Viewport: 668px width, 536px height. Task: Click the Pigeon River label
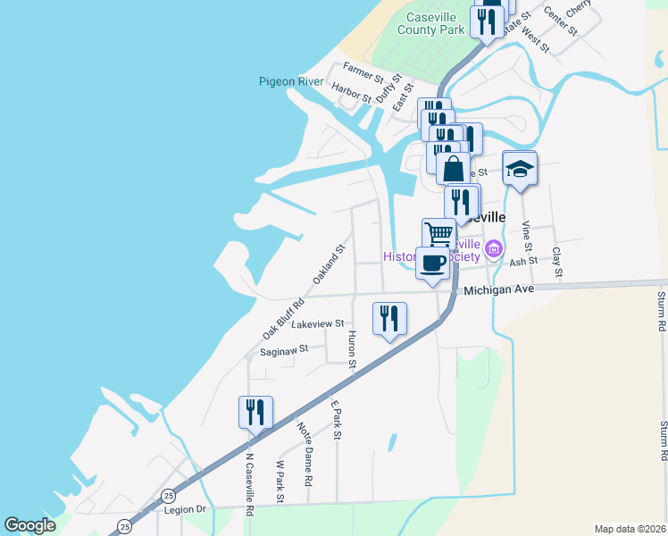(291, 81)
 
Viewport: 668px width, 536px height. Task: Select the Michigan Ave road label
(498, 289)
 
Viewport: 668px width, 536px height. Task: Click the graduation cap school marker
(519, 168)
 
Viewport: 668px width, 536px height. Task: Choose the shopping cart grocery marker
(438, 233)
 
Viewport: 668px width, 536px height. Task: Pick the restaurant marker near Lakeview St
(389, 319)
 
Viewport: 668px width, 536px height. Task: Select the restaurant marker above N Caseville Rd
(255, 413)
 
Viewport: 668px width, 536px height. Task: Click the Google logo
(30, 525)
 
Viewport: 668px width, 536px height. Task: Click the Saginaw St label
(283, 350)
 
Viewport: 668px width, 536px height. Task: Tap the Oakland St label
(328, 265)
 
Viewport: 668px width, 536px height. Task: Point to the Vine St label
(526, 236)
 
